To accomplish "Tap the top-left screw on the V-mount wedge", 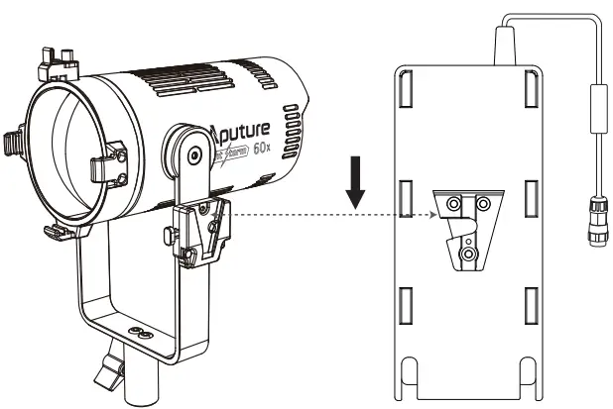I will tap(453, 203).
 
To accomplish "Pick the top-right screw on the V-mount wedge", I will tap(483, 203).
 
